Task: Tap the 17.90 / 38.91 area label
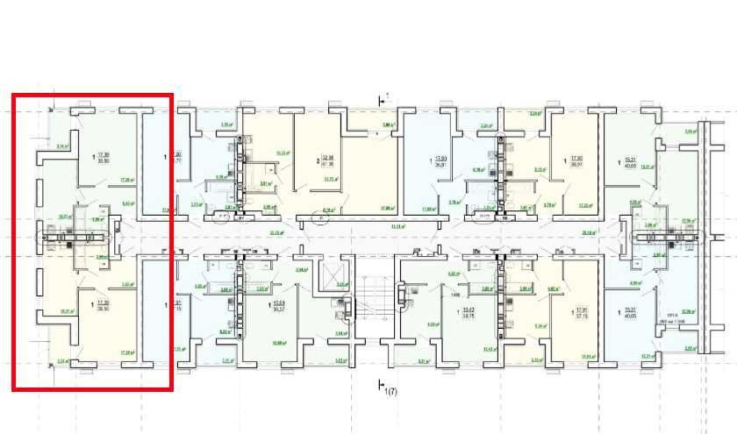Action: pos(576,161)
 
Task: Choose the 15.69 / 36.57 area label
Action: pos(280,307)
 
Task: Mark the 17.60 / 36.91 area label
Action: pos(440,161)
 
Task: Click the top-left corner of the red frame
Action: pos(13,95)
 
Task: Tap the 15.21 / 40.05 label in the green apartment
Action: pos(629,161)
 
